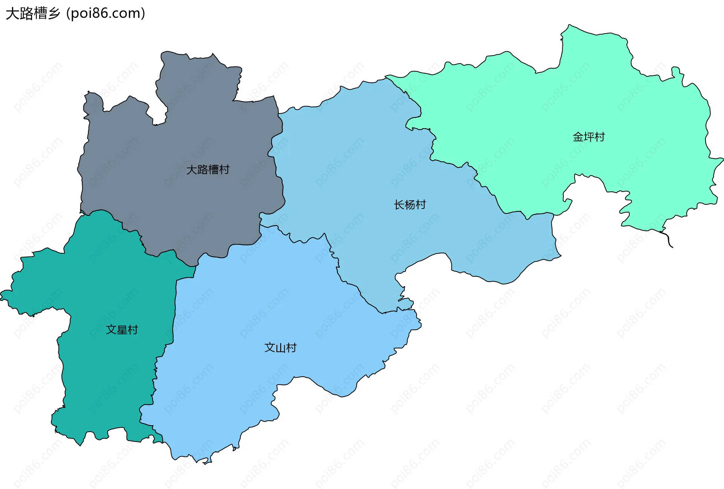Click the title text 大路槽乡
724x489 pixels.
[33, 14]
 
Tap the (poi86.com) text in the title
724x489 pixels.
[106, 14]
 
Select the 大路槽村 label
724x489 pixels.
[208, 170]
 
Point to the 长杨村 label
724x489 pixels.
[410, 205]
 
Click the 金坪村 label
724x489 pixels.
[589, 137]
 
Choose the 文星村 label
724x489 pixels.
[122, 330]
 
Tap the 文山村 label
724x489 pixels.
[280, 348]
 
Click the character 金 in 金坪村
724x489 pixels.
[578, 137]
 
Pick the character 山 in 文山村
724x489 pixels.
[280, 348]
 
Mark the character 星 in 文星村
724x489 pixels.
[122, 330]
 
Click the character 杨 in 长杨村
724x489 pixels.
[410, 205]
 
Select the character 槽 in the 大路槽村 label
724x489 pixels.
[213, 170]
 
